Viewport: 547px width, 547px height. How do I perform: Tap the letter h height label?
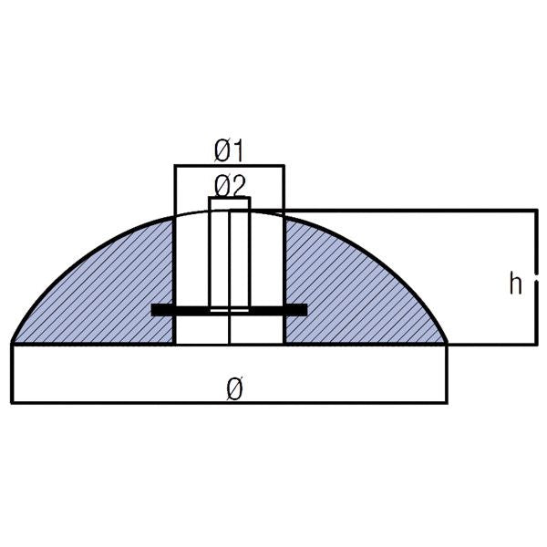(515, 284)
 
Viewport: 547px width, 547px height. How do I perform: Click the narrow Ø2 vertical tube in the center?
(229, 255)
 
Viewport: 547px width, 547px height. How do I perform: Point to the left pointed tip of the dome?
(14, 342)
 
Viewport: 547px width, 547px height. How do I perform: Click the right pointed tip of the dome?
(446, 342)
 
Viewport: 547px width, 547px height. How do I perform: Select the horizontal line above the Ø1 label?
(229, 166)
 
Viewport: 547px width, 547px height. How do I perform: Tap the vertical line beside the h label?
(535, 278)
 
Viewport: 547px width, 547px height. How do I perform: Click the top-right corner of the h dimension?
(535, 211)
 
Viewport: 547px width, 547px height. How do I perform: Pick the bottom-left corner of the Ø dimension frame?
(13, 402)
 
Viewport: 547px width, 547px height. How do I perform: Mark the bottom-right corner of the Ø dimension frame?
(447, 402)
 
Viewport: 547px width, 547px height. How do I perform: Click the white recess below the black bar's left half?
(201, 329)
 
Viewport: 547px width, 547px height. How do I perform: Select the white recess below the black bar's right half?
(257, 329)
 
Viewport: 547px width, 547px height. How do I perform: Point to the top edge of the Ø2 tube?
(229, 197)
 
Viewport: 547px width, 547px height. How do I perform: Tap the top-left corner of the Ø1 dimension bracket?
(174, 166)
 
